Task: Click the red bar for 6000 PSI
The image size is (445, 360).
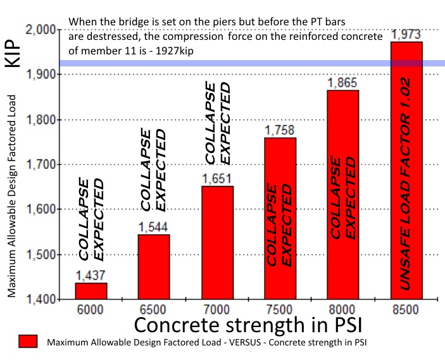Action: point(91,291)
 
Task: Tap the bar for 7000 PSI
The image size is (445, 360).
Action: point(217,242)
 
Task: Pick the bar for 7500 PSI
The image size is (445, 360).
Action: point(280,218)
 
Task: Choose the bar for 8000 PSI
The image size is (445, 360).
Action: point(343,194)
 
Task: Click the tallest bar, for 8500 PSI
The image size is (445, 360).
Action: point(406,171)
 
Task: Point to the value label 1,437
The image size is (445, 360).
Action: point(91,275)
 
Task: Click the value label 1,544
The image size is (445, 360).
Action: point(154,227)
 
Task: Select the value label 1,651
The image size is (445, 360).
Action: point(217,179)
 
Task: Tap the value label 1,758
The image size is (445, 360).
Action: point(280,131)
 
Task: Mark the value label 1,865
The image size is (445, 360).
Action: point(343,83)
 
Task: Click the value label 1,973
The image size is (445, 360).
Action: point(406,34)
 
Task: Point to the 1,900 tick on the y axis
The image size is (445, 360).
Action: point(42,75)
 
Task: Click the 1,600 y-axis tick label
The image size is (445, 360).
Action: point(42,209)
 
